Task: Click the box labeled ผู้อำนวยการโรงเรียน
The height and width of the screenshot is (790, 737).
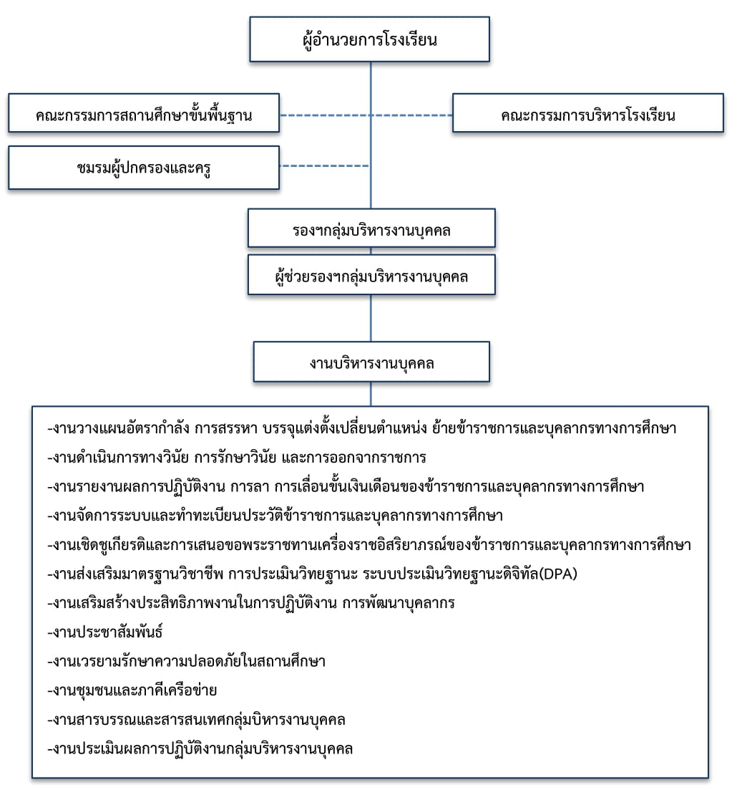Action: (x=369, y=39)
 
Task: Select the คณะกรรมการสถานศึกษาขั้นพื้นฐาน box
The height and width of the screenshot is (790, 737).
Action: (x=144, y=113)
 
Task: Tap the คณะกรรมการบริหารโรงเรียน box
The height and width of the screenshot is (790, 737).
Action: (x=588, y=113)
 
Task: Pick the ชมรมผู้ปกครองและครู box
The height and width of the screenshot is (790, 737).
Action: (x=144, y=168)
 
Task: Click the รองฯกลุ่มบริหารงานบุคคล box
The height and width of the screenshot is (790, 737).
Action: (x=371, y=228)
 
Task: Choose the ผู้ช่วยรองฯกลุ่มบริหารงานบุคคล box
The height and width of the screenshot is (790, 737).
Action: (x=371, y=274)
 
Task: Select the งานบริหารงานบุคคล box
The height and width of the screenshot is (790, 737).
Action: (x=371, y=362)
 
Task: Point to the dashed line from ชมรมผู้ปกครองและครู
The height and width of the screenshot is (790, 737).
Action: (x=325, y=165)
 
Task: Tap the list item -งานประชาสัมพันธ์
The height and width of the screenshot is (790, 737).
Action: (x=104, y=632)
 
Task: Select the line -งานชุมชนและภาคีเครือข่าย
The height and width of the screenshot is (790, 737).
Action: (x=132, y=690)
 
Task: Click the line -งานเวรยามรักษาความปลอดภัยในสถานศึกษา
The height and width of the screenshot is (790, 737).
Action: (x=186, y=661)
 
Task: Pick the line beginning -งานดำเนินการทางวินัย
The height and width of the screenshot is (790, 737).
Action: (x=237, y=458)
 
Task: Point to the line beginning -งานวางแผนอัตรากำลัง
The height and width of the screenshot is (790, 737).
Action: (x=361, y=428)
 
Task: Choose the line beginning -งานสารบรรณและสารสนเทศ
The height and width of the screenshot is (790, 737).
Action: (x=196, y=720)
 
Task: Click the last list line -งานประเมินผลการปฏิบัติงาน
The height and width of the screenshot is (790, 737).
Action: (x=200, y=749)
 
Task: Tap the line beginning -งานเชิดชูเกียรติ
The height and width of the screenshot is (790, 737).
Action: (x=369, y=544)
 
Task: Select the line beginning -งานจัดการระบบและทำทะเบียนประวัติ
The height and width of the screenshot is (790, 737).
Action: (x=275, y=516)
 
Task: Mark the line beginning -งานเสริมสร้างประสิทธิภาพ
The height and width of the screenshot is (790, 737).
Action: (x=250, y=603)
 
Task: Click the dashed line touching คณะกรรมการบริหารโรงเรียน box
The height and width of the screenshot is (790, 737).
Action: (x=412, y=115)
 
